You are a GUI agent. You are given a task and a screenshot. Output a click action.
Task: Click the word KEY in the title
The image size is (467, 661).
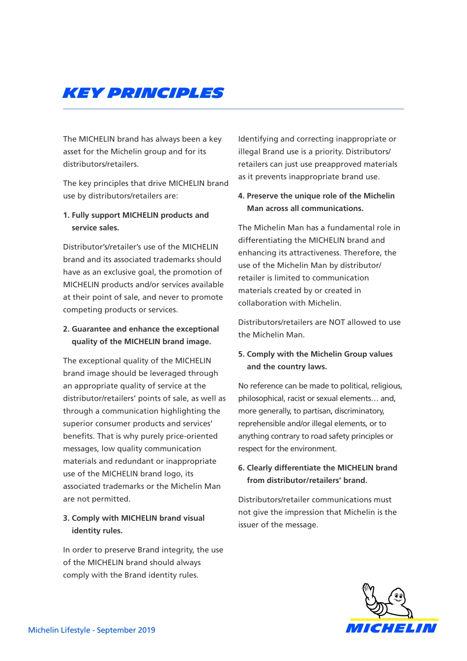pos(83,93)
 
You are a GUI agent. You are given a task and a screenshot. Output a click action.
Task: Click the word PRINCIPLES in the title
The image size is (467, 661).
pos(165,93)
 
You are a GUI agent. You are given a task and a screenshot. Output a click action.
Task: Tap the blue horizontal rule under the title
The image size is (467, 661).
pos(233,109)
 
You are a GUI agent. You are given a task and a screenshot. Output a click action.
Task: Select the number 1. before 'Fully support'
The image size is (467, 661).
pos(66,215)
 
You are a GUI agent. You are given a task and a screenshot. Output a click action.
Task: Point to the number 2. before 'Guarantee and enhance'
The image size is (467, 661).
pos(66,329)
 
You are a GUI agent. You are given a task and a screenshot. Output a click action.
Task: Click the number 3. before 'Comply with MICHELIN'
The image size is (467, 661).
pos(66,518)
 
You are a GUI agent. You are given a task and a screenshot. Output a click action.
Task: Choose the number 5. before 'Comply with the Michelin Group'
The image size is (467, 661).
pos(241,354)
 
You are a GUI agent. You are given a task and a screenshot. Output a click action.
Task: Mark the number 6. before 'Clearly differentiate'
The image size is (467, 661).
pos(241,468)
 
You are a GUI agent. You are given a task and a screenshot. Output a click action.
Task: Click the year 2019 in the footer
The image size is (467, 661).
pos(146,630)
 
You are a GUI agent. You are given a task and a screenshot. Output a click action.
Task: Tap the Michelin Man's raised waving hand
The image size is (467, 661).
pos(368,591)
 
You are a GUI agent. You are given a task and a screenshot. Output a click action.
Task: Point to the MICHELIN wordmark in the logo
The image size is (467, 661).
pos(391,628)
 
